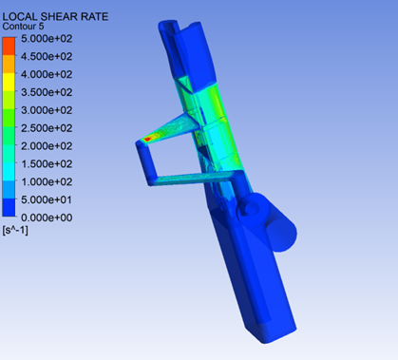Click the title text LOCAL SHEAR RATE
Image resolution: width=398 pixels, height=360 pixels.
click(x=55, y=16)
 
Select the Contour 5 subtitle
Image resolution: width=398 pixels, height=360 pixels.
click(x=23, y=27)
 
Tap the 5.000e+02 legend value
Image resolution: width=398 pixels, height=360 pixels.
click(x=47, y=39)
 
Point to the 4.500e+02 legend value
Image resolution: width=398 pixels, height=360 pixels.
click(x=47, y=56)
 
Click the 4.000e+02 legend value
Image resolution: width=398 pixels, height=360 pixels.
click(x=47, y=74)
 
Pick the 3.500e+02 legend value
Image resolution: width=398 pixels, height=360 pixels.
click(x=47, y=92)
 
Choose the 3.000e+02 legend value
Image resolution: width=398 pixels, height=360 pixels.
click(x=47, y=110)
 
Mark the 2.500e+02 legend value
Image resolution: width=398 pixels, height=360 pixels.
click(x=47, y=128)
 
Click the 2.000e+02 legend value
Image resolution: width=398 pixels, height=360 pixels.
click(x=47, y=146)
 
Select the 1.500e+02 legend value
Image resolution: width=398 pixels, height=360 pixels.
click(x=47, y=163)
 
